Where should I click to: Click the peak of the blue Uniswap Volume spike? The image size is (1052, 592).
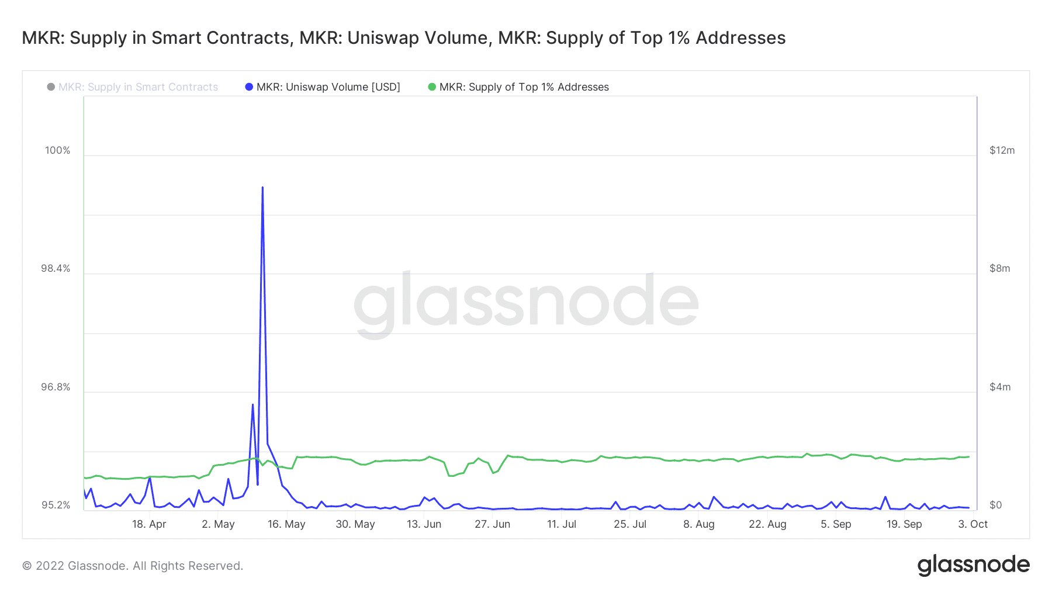pos(262,188)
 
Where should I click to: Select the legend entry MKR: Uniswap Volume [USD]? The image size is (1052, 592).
pos(328,87)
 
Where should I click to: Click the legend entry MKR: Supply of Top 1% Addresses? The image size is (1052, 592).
pos(524,87)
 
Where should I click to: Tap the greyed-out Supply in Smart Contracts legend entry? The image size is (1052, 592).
pos(138,87)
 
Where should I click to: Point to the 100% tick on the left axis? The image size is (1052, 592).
pos(57,151)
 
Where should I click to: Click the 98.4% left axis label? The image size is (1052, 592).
pos(56,269)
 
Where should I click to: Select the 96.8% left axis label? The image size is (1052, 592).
pos(56,387)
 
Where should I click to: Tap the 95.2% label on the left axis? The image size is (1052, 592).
pos(56,506)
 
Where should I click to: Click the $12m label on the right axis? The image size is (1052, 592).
pos(1002,151)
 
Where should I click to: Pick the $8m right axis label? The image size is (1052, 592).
pos(999,269)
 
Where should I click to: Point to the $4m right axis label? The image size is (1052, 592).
pos(999,387)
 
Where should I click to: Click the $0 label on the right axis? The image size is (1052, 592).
pos(995,506)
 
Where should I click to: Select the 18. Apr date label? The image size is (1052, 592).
pos(149,524)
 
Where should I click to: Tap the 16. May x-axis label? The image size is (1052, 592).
pos(286,524)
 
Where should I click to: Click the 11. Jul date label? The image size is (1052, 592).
pos(562,524)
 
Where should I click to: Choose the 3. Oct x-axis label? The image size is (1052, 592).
pos(973,524)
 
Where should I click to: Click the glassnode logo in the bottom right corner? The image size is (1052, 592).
pos(973,565)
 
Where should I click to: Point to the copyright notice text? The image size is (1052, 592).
pos(133,566)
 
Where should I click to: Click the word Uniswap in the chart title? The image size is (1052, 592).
pos(380,38)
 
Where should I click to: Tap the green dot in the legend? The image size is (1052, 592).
pos(432,87)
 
